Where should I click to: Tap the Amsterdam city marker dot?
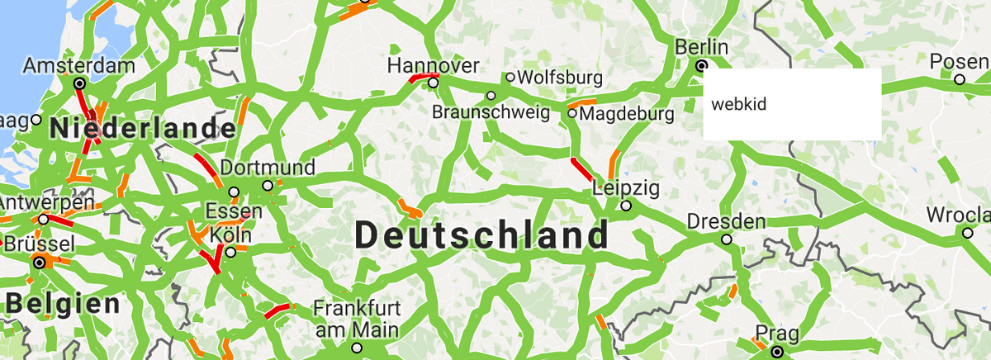click(x=79, y=83)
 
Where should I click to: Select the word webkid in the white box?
click(x=729, y=104)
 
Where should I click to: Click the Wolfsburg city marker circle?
click(x=510, y=77)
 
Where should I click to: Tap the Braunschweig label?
click(x=491, y=111)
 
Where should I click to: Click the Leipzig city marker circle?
click(x=626, y=206)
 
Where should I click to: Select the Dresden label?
click(x=726, y=221)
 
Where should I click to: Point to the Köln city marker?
click(x=231, y=251)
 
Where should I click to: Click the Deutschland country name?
click(x=481, y=235)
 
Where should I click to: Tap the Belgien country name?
click(x=64, y=303)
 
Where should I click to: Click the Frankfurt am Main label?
click(x=356, y=319)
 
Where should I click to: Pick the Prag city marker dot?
click(x=777, y=352)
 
